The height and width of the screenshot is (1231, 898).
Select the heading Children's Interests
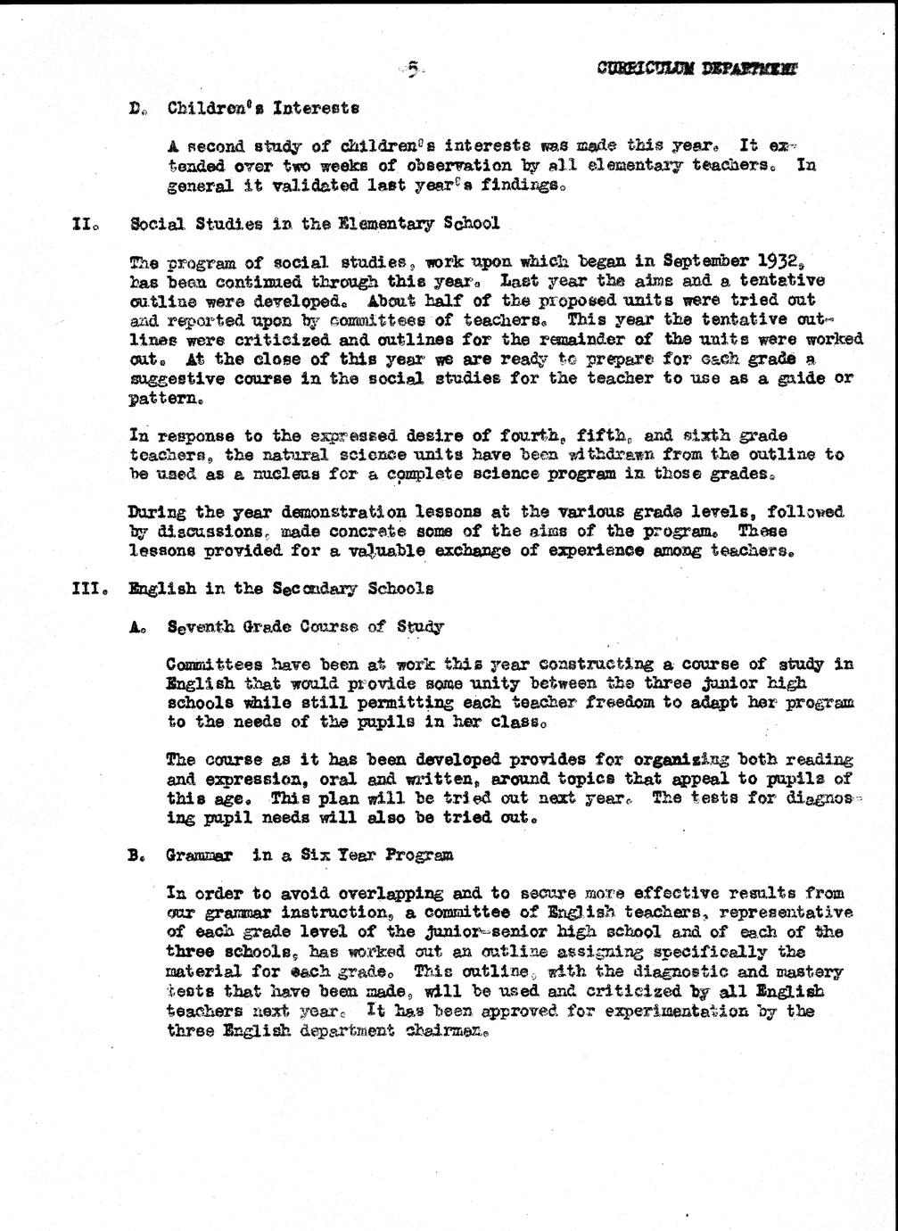point(263,108)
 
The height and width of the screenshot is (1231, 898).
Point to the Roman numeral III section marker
point(88,589)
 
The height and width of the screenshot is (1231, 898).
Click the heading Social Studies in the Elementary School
point(315,223)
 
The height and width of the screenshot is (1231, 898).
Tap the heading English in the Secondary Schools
point(282,589)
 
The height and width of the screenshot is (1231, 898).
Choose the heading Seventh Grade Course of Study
point(305,627)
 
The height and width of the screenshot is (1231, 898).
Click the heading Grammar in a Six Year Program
point(309,855)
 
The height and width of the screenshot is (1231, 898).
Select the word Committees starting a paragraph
point(214,665)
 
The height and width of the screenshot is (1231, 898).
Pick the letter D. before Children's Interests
point(136,109)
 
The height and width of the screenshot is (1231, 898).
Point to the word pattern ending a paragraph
point(153,398)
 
